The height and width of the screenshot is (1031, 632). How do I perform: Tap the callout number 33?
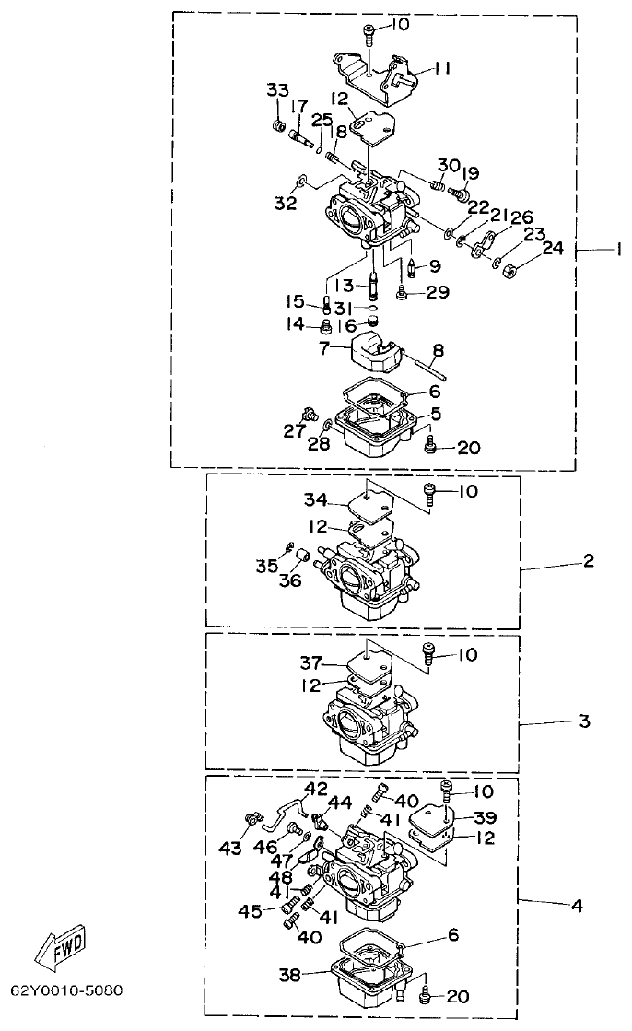pyautogui.click(x=277, y=89)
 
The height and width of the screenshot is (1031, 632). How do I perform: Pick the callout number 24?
pyautogui.click(x=552, y=248)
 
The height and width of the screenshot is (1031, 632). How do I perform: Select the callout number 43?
pyautogui.click(x=229, y=847)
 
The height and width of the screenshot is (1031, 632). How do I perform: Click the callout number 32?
pyautogui.click(x=285, y=203)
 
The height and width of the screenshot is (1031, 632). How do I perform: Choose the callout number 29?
pyautogui.click(x=439, y=292)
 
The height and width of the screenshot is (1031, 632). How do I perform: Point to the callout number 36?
pyautogui.click(x=291, y=581)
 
